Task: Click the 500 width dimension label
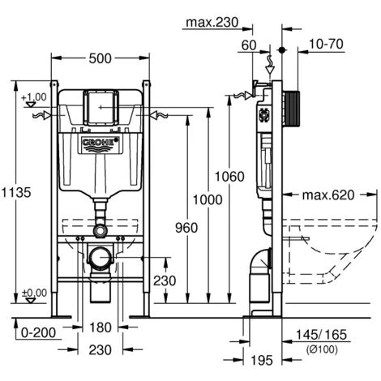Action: click(100, 58)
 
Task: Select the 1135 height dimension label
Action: click(16, 193)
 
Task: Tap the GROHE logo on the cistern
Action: click(100, 143)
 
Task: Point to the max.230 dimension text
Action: click(212, 23)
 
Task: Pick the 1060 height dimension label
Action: click(229, 177)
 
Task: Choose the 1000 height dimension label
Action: click(208, 200)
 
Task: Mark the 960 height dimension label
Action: click(186, 228)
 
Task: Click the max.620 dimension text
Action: click(328, 195)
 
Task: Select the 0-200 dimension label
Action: click(38, 332)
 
